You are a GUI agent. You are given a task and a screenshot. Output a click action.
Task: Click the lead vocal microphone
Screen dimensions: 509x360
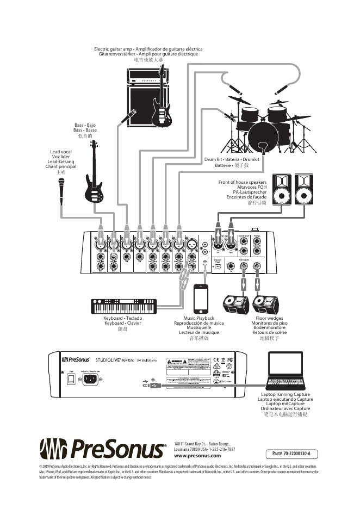pyautogui.click(x=61, y=191)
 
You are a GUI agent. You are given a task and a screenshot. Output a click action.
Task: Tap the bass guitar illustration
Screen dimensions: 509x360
pyautogui.click(x=94, y=177)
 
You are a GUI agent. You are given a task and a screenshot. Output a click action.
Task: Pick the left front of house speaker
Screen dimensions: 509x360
pyautogui.click(x=282, y=189)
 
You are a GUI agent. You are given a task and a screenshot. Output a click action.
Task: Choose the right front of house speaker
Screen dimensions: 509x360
pyautogui.click(x=308, y=189)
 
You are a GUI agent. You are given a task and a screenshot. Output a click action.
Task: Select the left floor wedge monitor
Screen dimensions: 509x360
pyautogui.click(x=236, y=305)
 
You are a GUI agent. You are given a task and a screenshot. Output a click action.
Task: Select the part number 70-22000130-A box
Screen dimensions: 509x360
pyautogui.click(x=295, y=454)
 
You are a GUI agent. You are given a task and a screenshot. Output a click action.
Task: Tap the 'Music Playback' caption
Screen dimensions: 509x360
pyautogui.click(x=198, y=318)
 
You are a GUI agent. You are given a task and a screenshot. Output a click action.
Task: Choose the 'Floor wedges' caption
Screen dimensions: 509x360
pyautogui.click(x=269, y=318)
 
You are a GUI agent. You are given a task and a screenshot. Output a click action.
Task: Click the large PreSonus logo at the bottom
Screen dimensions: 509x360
pyautogui.click(x=103, y=449)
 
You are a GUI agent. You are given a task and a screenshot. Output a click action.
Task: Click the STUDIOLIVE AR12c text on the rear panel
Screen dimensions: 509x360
pyautogui.click(x=113, y=359)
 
